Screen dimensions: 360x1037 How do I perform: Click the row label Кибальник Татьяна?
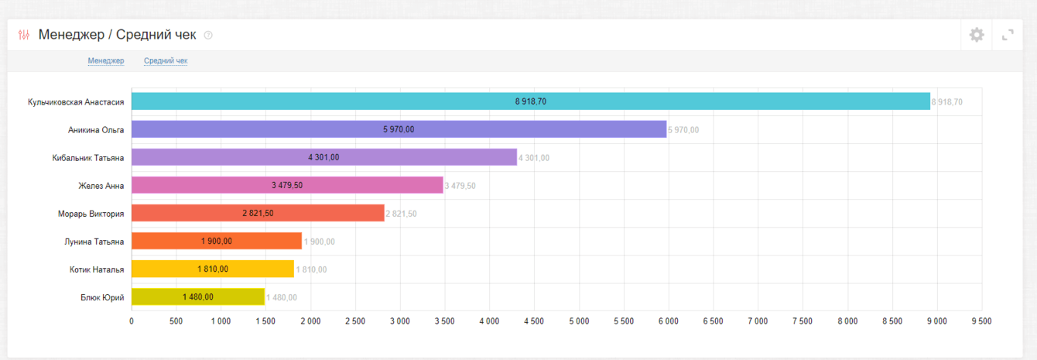click(x=88, y=157)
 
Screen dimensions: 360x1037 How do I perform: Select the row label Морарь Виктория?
click(x=91, y=214)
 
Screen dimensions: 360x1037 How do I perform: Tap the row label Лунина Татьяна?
click(x=94, y=242)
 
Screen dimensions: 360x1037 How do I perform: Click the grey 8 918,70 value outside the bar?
click(x=946, y=102)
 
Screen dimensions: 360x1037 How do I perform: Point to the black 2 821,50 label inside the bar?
click(x=258, y=214)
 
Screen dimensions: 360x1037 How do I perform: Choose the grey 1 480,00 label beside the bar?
click(x=282, y=297)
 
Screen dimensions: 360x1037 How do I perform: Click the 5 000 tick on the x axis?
click(x=579, y=321)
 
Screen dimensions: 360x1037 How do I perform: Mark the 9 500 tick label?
click(x=981, y=321)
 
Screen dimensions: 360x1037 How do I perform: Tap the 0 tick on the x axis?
click(x=132, y=321)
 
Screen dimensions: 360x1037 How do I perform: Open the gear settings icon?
click(x=977, y=35)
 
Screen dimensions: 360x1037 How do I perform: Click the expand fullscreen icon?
click(x=1008, y=35)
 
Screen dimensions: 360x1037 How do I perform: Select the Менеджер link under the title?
click(x=106, y=61)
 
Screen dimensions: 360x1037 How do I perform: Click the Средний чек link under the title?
click(x=166, y=61)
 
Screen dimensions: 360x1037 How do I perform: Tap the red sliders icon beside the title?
click(x=24, y=35)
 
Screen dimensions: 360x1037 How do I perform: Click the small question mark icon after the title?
click(x=208, y=36)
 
